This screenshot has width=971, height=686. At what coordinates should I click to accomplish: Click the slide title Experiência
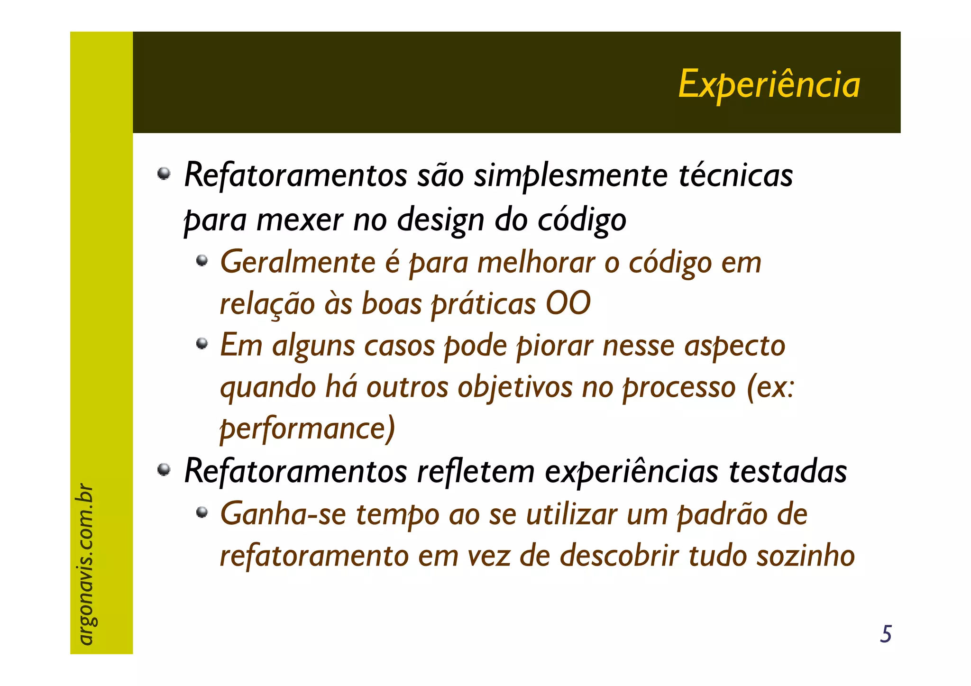point(769,84)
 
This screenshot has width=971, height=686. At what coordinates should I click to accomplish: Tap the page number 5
point(885,634)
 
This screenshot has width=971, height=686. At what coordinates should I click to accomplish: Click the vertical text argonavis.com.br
point(85,564)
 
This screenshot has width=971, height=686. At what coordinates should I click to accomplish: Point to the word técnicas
point(735,175)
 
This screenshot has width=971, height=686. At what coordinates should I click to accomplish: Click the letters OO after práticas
point(568,303)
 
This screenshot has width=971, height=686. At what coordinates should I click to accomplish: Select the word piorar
point(554,346)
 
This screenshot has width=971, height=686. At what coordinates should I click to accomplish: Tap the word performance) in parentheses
point(307,429)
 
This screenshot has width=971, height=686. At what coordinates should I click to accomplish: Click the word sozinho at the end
point(806,556)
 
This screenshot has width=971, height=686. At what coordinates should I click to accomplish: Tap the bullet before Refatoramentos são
point(164,174)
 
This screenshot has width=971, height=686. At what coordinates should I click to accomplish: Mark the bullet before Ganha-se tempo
point(202,512)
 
